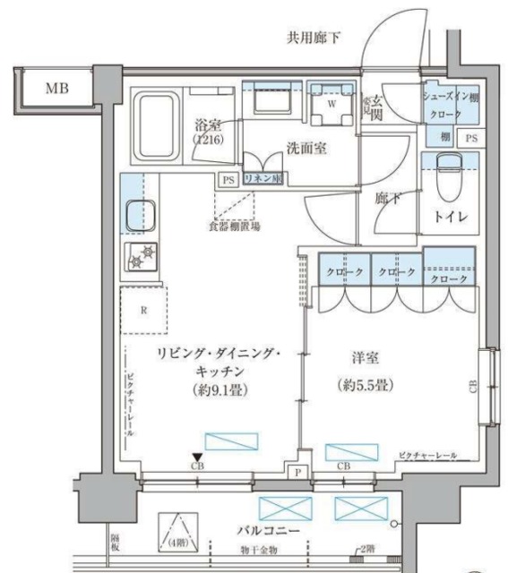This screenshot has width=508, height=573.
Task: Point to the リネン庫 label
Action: click(x=263, y=179)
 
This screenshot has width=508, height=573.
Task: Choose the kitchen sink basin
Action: click(x=141, y=216)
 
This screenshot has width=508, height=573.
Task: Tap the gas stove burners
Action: click(x=140, y=256)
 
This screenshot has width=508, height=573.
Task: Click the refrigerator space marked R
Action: click(x=144, y=312)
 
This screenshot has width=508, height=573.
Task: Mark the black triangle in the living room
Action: click(x=196, y=457)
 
